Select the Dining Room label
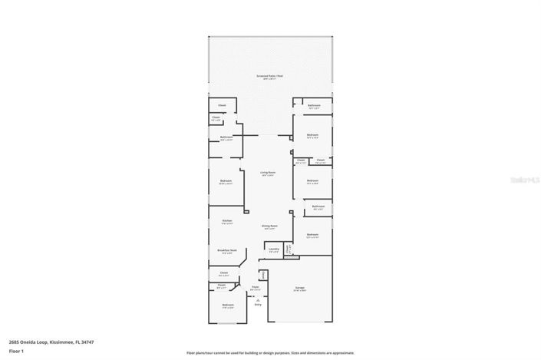click(269, 226)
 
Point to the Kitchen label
click(227, 221)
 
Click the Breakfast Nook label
click(226, 250)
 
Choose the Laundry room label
click(273, 249)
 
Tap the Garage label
click(300, 289)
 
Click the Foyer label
click(256, 288)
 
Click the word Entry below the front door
click(258, 305)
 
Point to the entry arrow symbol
click(258, 299)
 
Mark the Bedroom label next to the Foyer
click(227, 306)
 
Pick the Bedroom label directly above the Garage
click(312, 235)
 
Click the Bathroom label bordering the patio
click(313, 106)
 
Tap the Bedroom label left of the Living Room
click(226, 182)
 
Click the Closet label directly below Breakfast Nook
click(224, 272)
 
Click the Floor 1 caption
click(15, 351)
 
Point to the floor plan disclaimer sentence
click(270, 353)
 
